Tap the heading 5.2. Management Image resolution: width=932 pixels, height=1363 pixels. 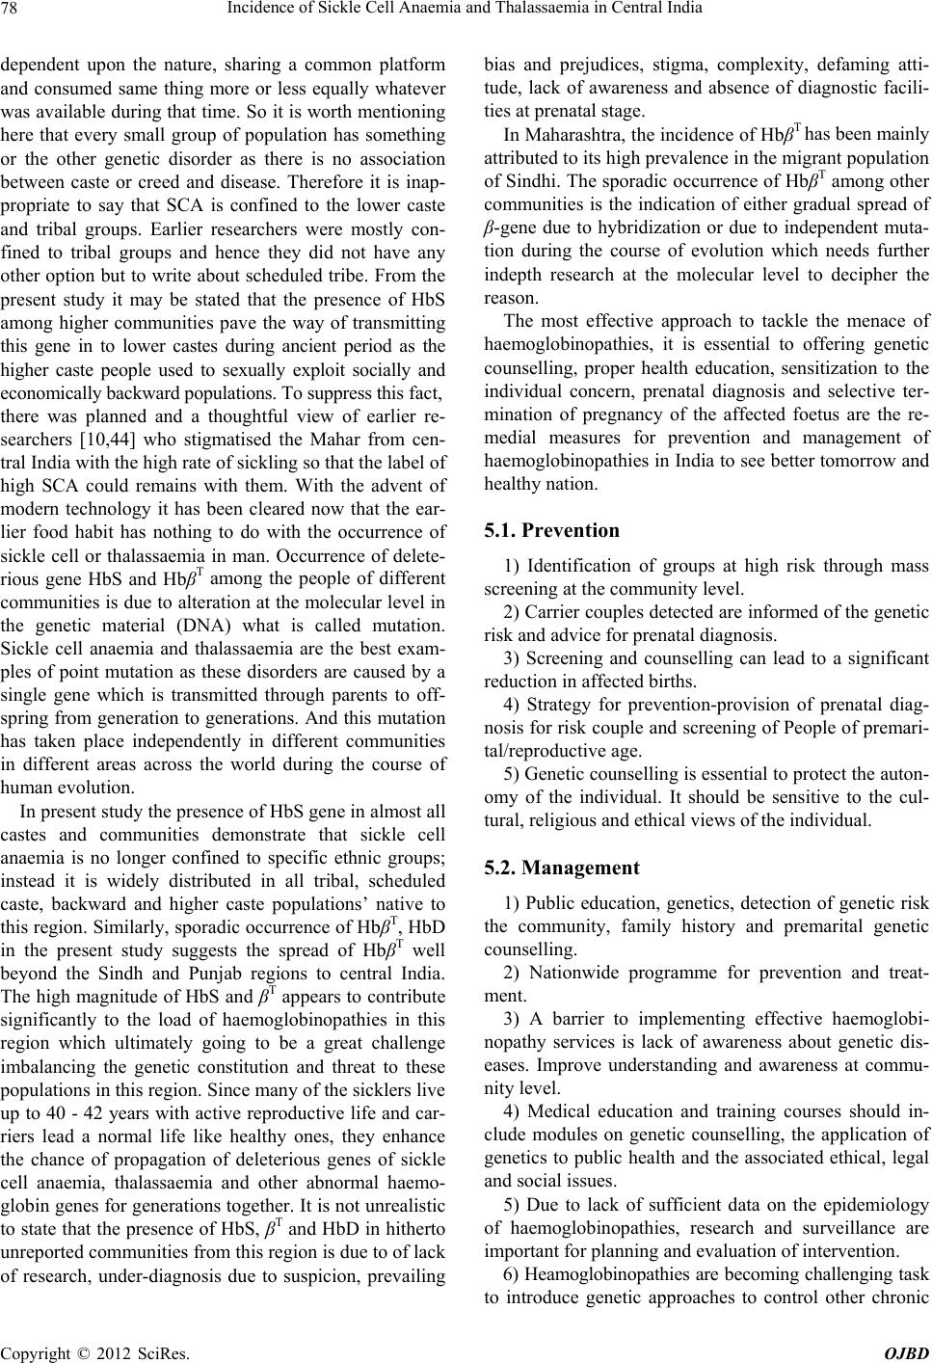coord(560,868)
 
